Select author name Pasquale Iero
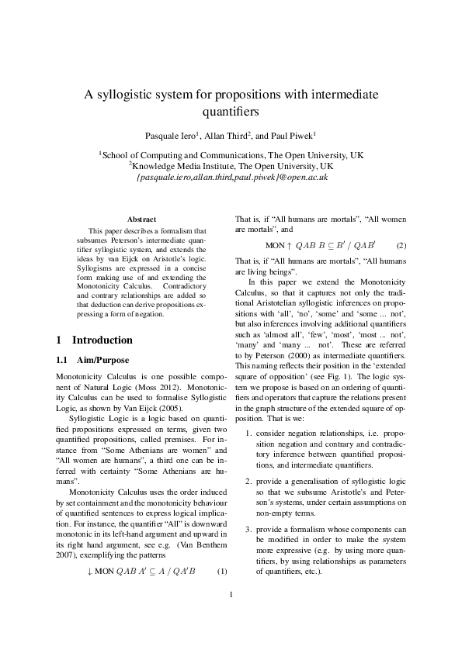[x=172, y=135]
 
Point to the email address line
[x=231, y=177]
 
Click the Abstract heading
[x=141, y=219]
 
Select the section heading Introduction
[x=102, y=340]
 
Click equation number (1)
[x=222, y=572]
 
